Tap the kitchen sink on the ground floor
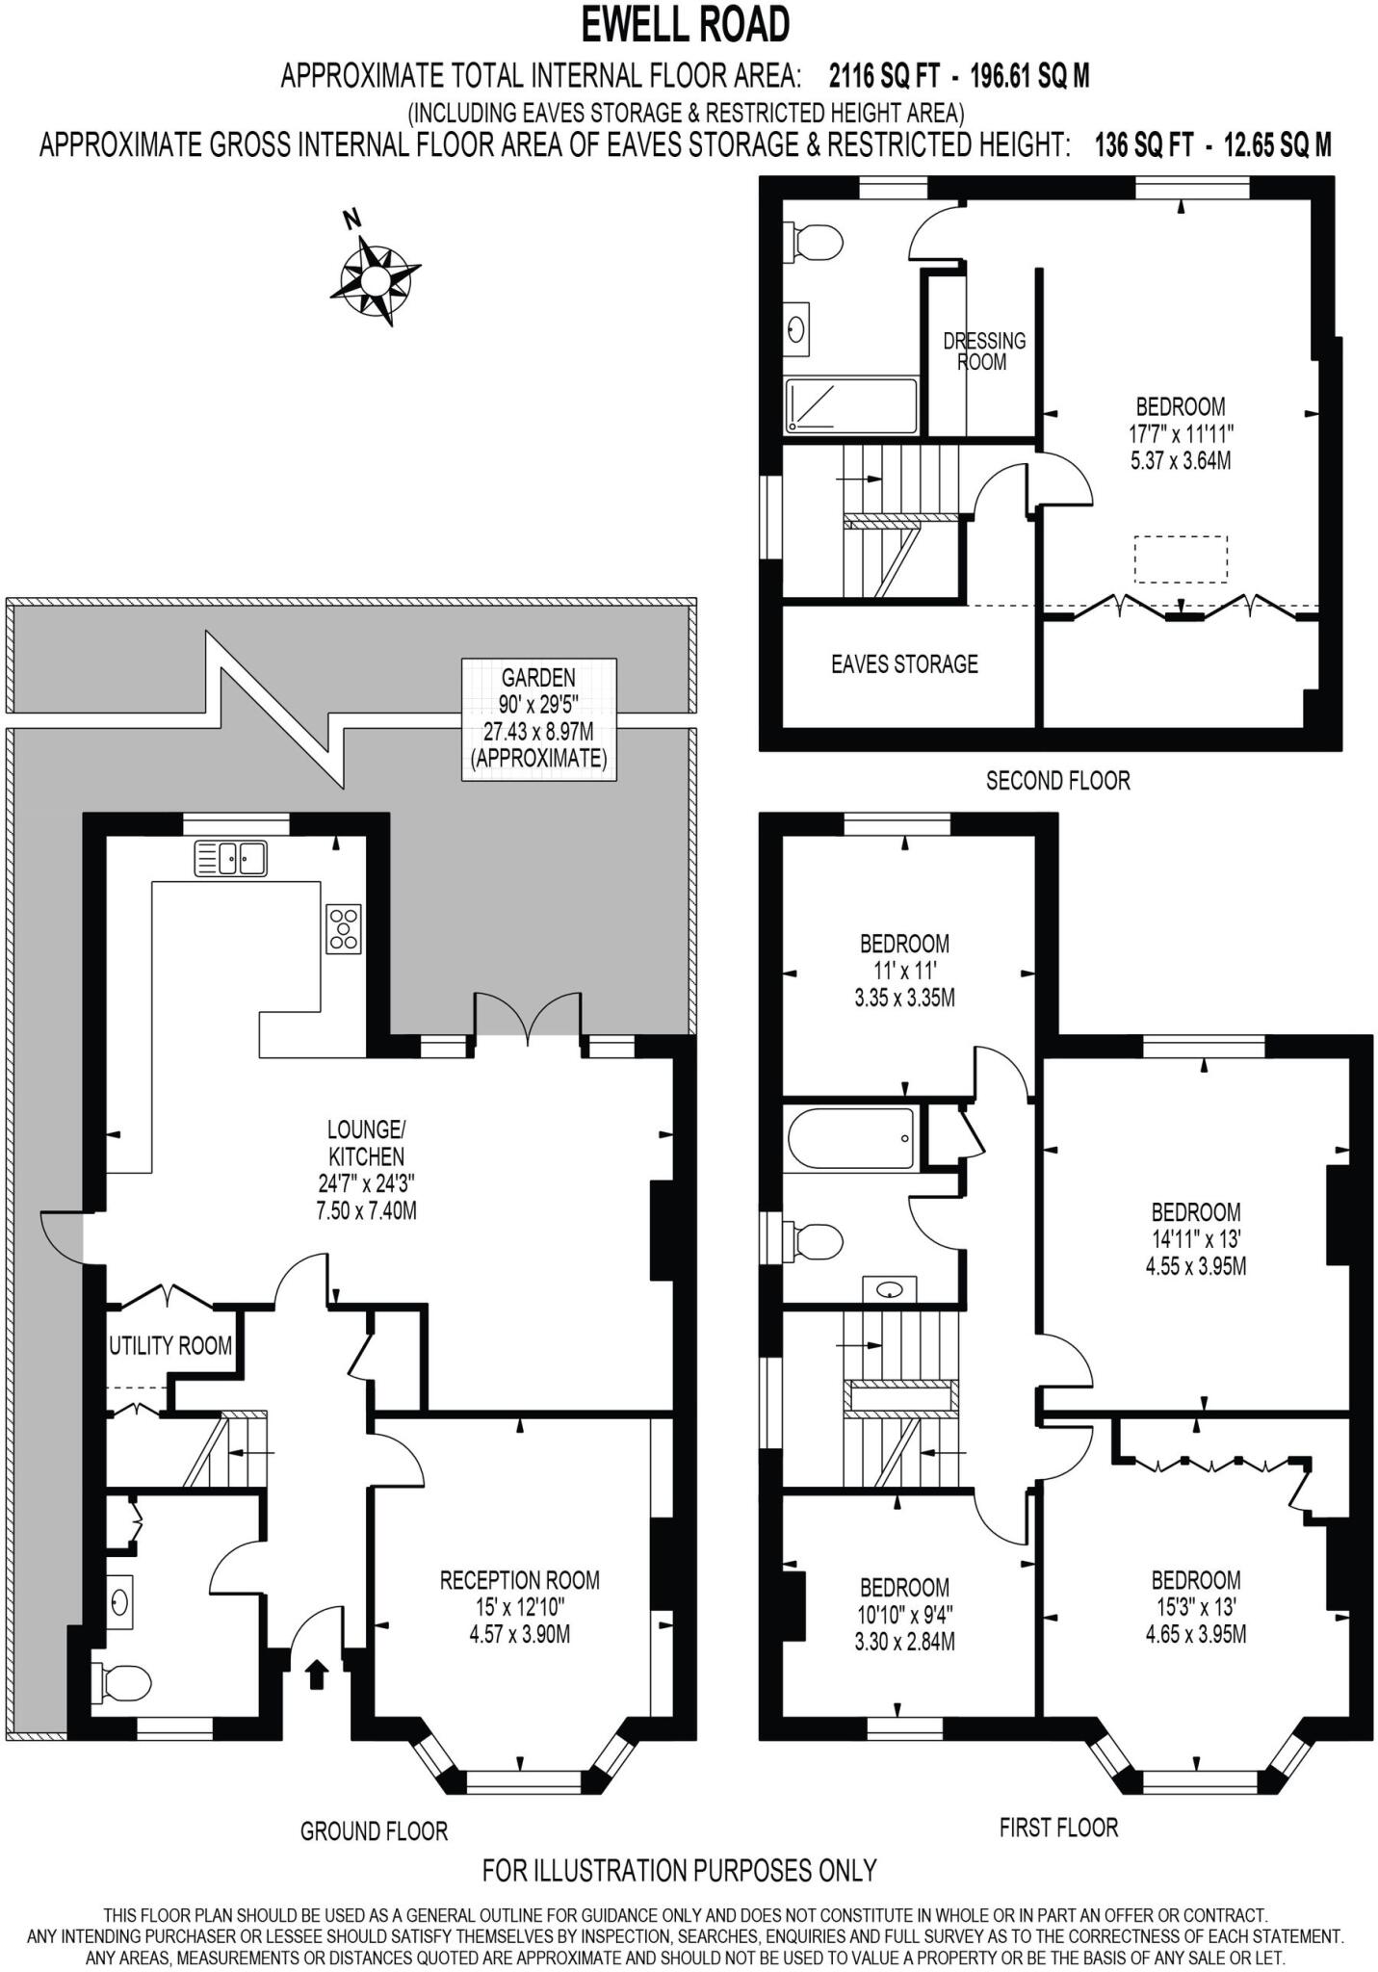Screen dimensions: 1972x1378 [x=231, y=858]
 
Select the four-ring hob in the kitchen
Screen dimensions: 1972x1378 [x=344, y=929]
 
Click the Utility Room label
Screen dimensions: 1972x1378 [x=170, y=1345]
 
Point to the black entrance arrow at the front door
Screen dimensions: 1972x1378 [x=316, y=1674]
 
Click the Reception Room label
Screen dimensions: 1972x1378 [x=519, y=1580]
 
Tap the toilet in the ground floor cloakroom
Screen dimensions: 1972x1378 [x=122, y=1683]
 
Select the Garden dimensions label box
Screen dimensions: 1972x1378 [x=538, y=718]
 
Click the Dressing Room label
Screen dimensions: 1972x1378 [x=983, y=351]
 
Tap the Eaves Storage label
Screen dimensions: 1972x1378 [x=904, y=664]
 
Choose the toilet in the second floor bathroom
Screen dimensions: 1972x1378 [x=815, y=243]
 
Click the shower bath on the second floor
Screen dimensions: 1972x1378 [x=851, y=405]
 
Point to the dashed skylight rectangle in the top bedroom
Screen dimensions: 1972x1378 [x=1181, y=559]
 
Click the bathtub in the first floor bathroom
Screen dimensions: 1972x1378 [x=850, y=1137]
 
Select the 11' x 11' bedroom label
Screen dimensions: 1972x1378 [x=904, y=971]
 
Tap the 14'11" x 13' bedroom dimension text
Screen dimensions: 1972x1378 [x=1195, y=1253]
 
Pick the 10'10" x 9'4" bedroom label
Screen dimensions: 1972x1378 [x=904, y=1615]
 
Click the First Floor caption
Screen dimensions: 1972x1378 [x=1058, y=1828]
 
